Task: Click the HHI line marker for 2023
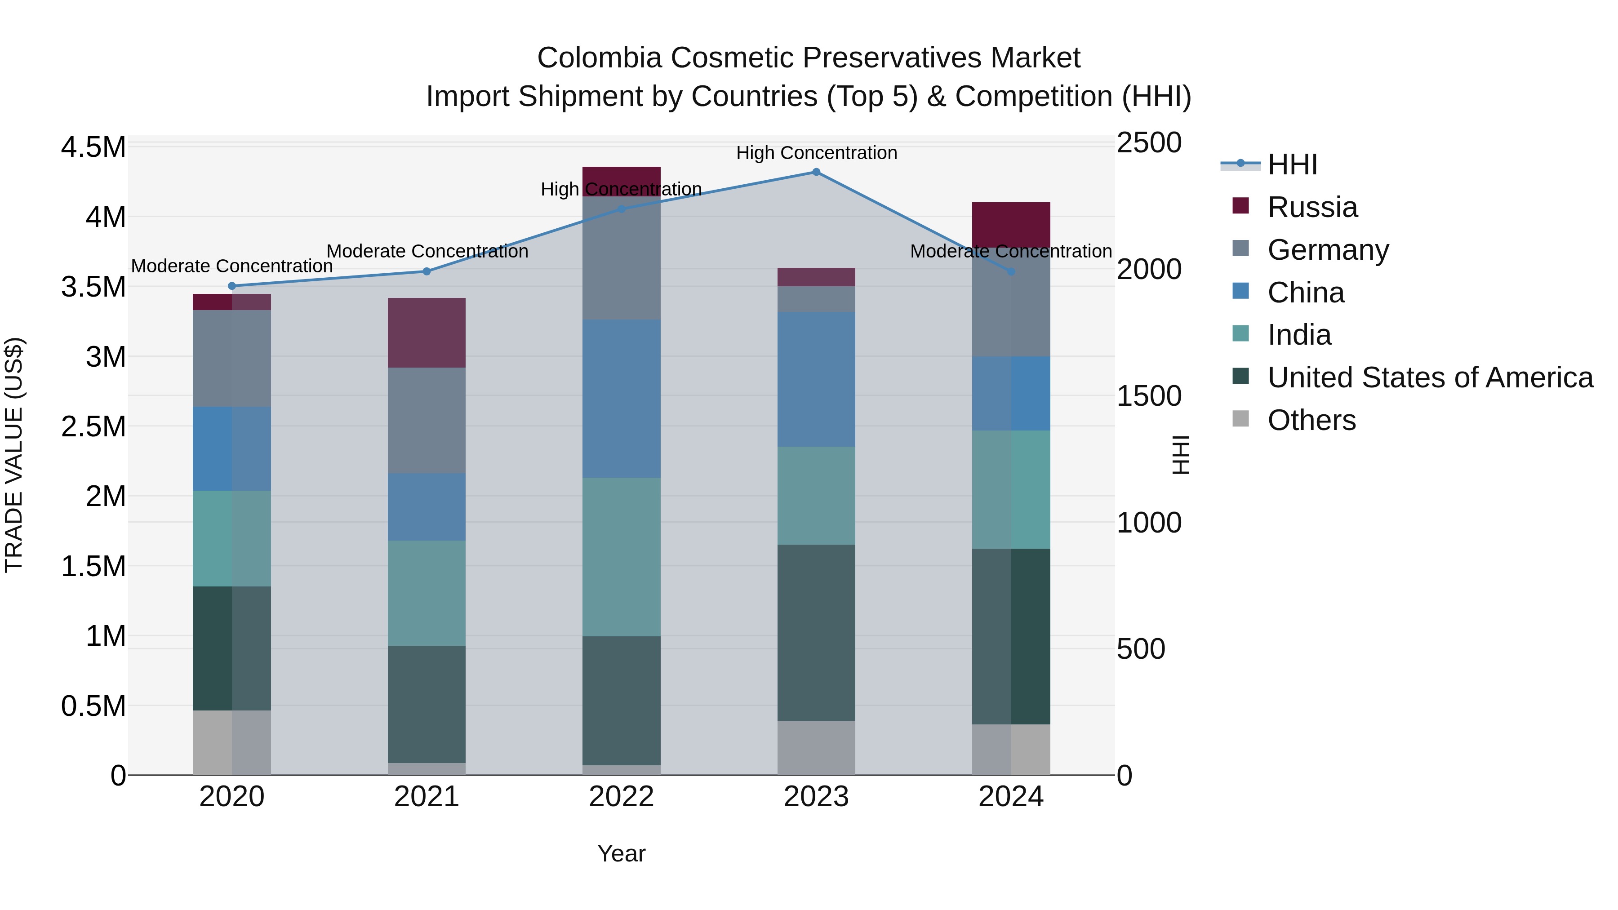tap(816, 172)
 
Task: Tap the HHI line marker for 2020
tap(232, 286)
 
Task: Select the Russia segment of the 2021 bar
tap(427, 333)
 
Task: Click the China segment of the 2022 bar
tap(621, 398)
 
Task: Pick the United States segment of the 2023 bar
tap(816, 632)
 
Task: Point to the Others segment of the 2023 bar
tap(816, 747)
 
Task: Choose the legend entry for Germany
tap(1328, 250)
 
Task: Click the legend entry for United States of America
tap(1430, 377)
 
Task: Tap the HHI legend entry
tap(1291, 164)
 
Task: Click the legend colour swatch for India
tap(1240, 333)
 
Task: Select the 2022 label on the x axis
tap(621, 797)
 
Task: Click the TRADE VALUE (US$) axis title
tap(14, 455)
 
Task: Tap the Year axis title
tap(621, 853)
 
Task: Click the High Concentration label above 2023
tap(816, 153)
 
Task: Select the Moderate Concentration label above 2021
tap(427, 251)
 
